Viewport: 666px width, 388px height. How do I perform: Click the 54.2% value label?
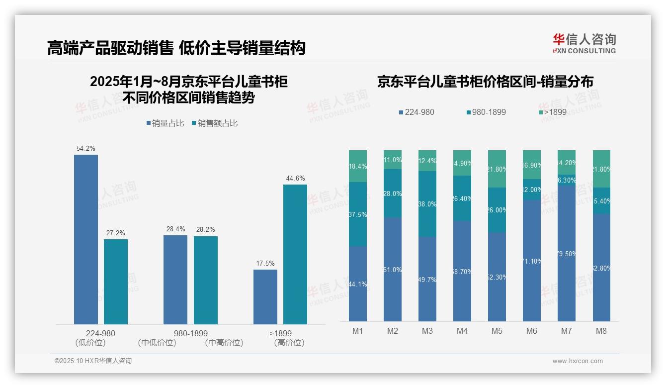coord(85,148)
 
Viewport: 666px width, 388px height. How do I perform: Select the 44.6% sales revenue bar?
coord(295,254)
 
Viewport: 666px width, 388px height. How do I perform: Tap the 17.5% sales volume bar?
coord(265,296)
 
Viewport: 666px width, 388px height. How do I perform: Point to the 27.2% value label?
coord(116,233)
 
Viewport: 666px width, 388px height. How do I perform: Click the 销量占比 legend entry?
coord(165,123)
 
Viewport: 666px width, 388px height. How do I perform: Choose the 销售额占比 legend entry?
coord(215,123)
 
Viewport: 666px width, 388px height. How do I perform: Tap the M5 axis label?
coord(497,331)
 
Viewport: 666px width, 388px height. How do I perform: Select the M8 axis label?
coord(601,331)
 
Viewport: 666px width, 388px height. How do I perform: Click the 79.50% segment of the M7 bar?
coord(567,254)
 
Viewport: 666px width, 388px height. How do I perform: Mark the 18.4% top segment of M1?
coord(358,166)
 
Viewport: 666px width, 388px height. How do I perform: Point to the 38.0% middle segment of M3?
coord(427,204)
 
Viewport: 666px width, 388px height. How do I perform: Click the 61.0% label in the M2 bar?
coord(393,270)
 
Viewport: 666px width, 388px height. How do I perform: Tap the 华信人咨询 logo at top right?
coord(584,43)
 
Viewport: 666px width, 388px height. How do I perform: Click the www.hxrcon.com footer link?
coord(578,361)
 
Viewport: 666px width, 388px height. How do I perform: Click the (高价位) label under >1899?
coord(289,343)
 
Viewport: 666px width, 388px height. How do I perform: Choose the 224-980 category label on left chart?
coord(100,333)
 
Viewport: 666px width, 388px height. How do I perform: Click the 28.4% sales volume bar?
coord(175,280)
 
